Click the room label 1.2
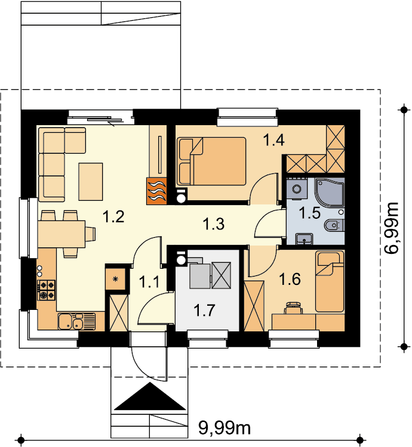tap(113, 216)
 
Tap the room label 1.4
tap(273, 140)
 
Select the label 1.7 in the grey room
tap(204, 310)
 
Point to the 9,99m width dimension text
tap(225, 427)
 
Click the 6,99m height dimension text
tap(391, 228)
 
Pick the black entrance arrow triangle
tap(150, 396)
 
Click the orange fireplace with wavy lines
tap(156, 191)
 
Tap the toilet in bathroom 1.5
tap(334, 225)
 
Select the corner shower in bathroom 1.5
tap(330, 193)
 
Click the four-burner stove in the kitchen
tap(46, 290)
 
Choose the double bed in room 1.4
tap(211, 161)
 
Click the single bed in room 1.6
tap(330, 281)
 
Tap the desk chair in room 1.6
tap(293, 308)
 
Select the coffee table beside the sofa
tap(91, 181)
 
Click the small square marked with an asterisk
tap(116, 279)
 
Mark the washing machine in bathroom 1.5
tap(297, 188)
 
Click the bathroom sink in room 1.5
tap(305, 239)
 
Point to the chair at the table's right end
tap(90, 234)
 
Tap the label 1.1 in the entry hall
tap(149, 283)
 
